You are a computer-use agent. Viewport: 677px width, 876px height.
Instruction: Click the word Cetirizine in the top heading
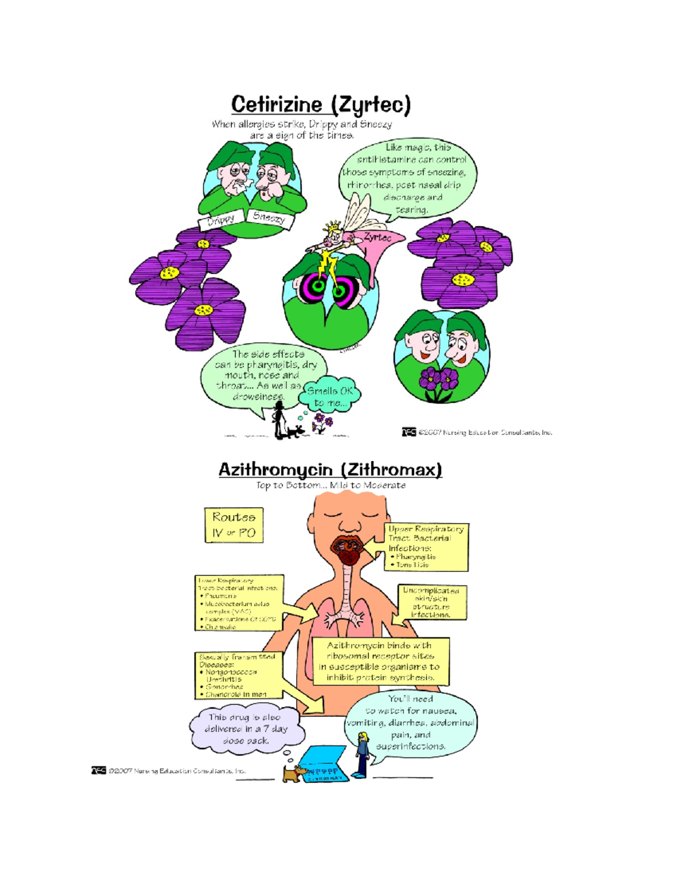click(276, 105)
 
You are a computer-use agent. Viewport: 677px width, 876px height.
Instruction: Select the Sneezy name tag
click(269, 217)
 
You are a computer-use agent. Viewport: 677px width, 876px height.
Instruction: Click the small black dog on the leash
click(296, 432)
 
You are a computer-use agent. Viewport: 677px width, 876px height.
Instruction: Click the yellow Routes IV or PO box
click(234, 525)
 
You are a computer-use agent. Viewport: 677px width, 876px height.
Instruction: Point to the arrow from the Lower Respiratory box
click(299, 613)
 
